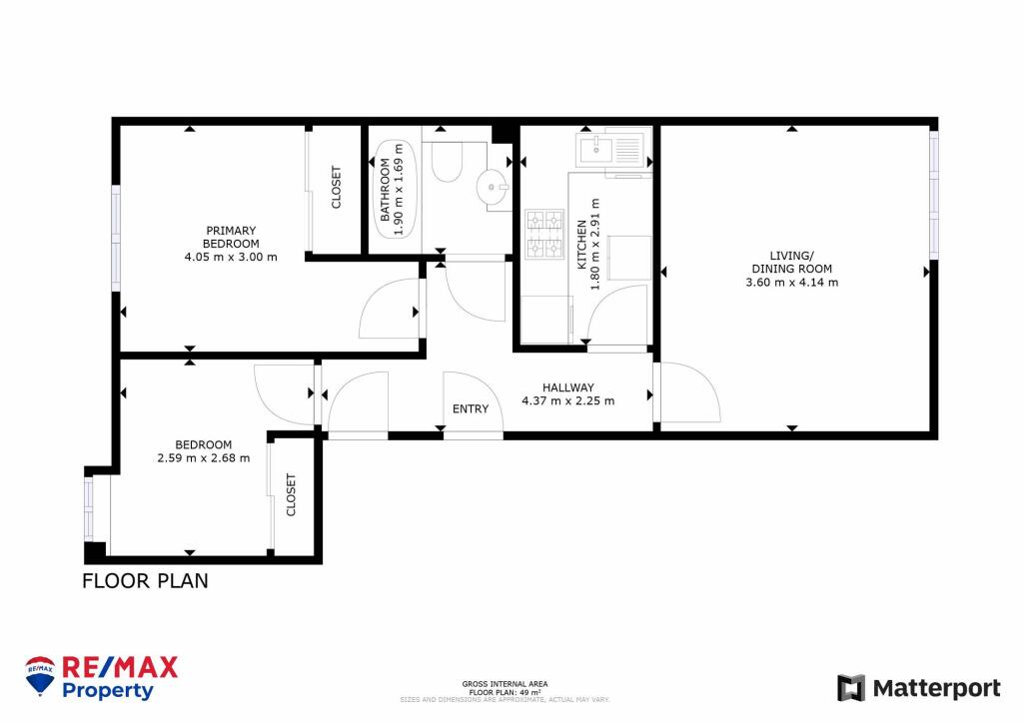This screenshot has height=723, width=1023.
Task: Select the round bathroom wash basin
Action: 493,187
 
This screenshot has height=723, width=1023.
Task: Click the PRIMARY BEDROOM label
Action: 231,237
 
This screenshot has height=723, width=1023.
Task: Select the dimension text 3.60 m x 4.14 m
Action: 791,283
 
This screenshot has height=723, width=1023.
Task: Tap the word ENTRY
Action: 471,408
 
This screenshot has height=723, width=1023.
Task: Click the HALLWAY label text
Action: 567,387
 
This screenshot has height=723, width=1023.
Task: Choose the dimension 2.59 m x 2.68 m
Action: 203,458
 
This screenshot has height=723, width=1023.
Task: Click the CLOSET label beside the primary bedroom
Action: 336,187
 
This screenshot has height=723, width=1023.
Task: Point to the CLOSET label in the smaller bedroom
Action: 292,495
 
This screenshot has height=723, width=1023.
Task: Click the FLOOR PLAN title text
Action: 145,580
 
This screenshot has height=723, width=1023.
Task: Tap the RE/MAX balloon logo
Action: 40,676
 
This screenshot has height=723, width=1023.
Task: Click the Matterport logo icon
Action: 850,687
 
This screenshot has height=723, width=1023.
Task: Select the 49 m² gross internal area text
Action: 505,691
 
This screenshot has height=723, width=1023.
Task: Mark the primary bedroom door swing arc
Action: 385,310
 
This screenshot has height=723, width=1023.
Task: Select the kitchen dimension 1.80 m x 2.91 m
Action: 588,246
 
